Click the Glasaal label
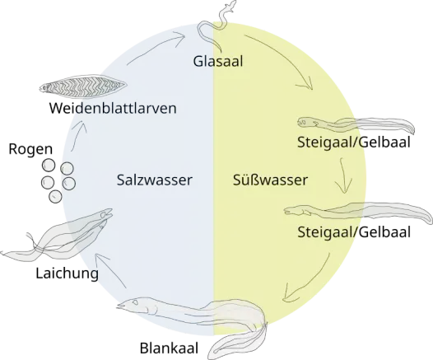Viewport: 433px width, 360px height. click(x=218, y=61)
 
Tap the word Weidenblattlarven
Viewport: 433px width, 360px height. click(x=113, y=108)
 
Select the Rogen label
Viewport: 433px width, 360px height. click(x=30, y=149)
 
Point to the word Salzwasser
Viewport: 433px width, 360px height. click(x=154, y=180)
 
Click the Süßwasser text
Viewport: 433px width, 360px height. click(x=270, y=180)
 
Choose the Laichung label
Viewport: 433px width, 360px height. click(x=68, y=274)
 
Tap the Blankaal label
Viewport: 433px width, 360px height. click(x=169, y=348)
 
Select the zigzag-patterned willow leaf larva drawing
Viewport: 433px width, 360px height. click(x=83, y=86)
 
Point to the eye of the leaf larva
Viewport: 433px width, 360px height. click(x=44, y=88)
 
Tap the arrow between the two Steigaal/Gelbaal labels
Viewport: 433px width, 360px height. click(x=342, y=175)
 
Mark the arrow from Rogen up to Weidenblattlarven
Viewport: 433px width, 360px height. click(x=78, y=134)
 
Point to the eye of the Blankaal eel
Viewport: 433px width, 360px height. click(x=136, y=302)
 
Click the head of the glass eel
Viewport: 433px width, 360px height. click(x=231, y=6)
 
